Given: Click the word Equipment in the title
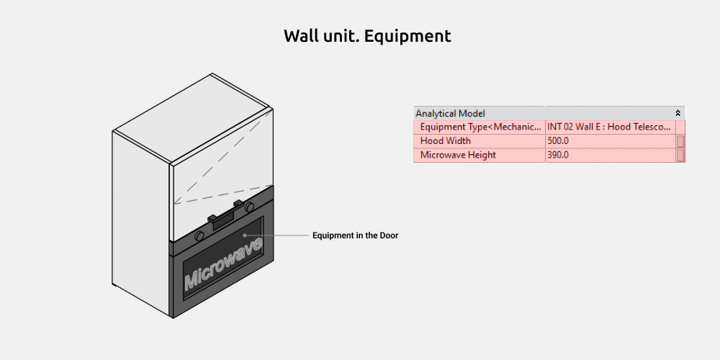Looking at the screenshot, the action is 408,36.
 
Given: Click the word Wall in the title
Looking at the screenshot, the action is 300,35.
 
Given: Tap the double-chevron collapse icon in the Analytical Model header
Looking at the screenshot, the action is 678,113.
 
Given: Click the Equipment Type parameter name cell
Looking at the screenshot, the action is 480,127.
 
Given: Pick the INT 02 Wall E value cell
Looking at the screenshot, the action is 611,127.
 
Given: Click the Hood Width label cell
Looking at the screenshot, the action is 480,141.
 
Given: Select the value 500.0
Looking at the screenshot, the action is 558,141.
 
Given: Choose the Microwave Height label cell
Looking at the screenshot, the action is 480,156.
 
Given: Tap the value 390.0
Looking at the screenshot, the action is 558,156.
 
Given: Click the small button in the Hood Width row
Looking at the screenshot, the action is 680,141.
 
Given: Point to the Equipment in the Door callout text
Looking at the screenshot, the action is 355,235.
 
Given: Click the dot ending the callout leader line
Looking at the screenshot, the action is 245,235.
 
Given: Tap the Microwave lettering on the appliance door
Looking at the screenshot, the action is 223,263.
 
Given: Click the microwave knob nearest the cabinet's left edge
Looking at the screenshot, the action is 199,236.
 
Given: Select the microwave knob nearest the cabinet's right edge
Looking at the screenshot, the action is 249,207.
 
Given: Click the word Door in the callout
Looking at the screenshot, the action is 389,235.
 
